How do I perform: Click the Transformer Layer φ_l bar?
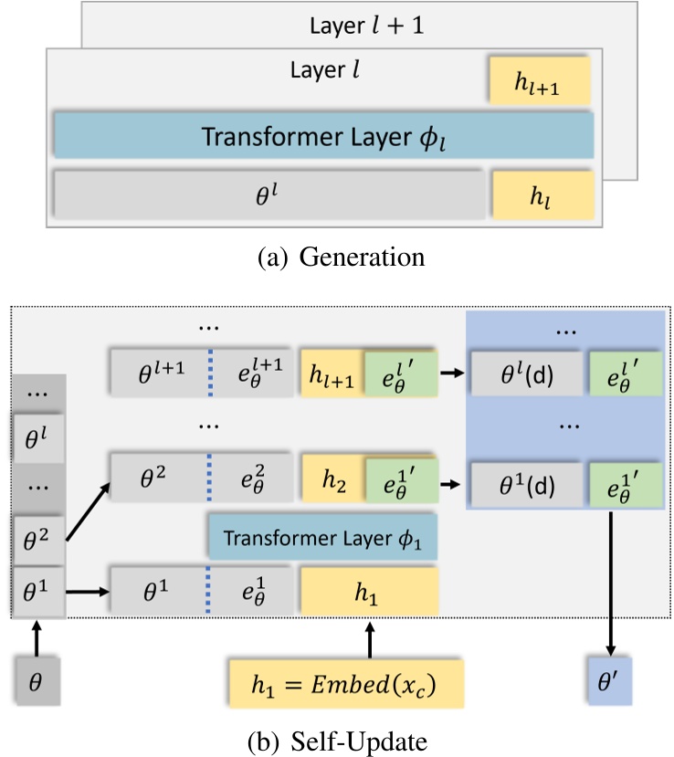coord(324,137)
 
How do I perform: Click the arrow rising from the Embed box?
coord(370,639)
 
